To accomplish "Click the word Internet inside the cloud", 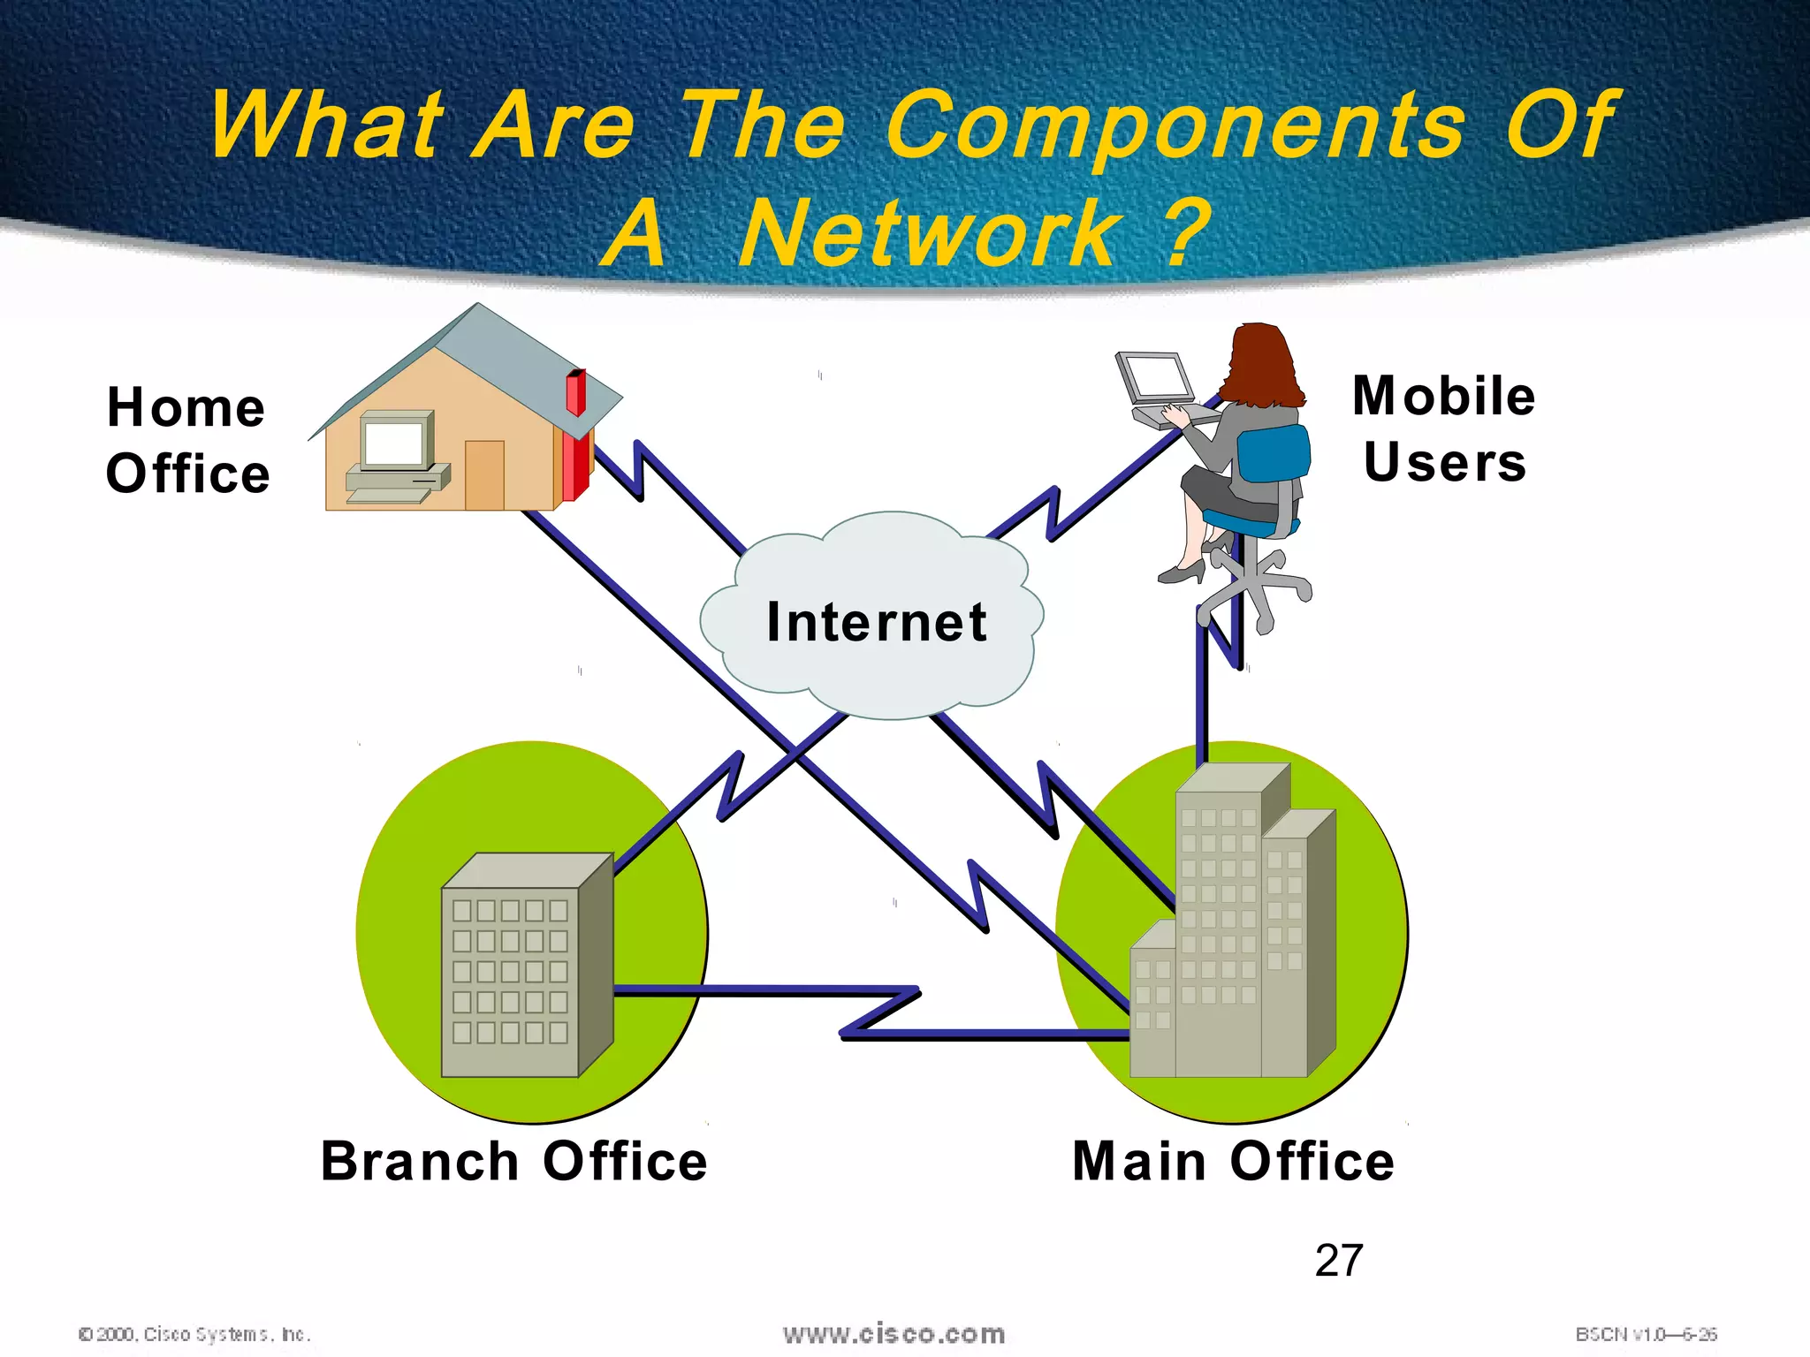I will (x=876, y=622).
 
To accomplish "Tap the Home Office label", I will (x=186, y=440).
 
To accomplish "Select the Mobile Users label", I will (x=1444, y=428).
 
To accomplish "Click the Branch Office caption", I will (x=513, y=1161).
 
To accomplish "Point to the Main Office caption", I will (x=1233, y=1161).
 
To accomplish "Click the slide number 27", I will (x=1339, y=1261).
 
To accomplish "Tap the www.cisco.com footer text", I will (x=894, y=1334).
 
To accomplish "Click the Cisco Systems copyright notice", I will (x=194, y=1334).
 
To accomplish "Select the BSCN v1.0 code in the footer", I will (x=1646, y=1334).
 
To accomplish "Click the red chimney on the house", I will (x=575, y=392).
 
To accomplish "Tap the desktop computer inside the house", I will (x=397, y=451).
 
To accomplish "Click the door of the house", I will (x=484, y=474).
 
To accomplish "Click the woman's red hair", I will (x=1262, y=362).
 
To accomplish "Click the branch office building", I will (x=521, y=967).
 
